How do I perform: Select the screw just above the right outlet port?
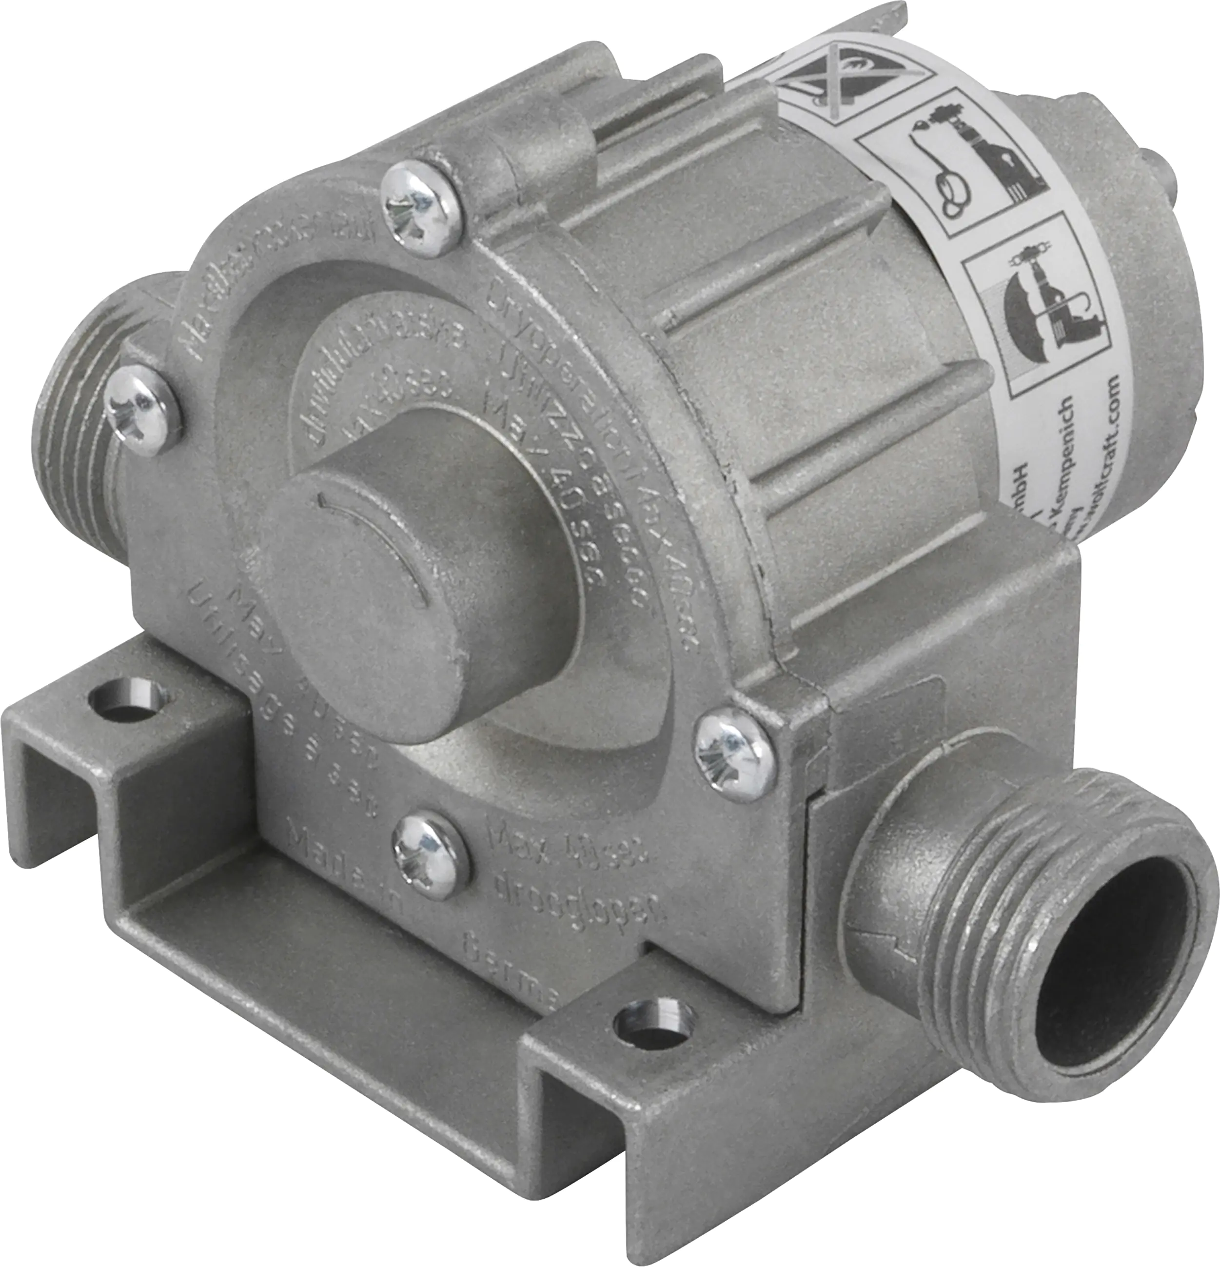(735, 750)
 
